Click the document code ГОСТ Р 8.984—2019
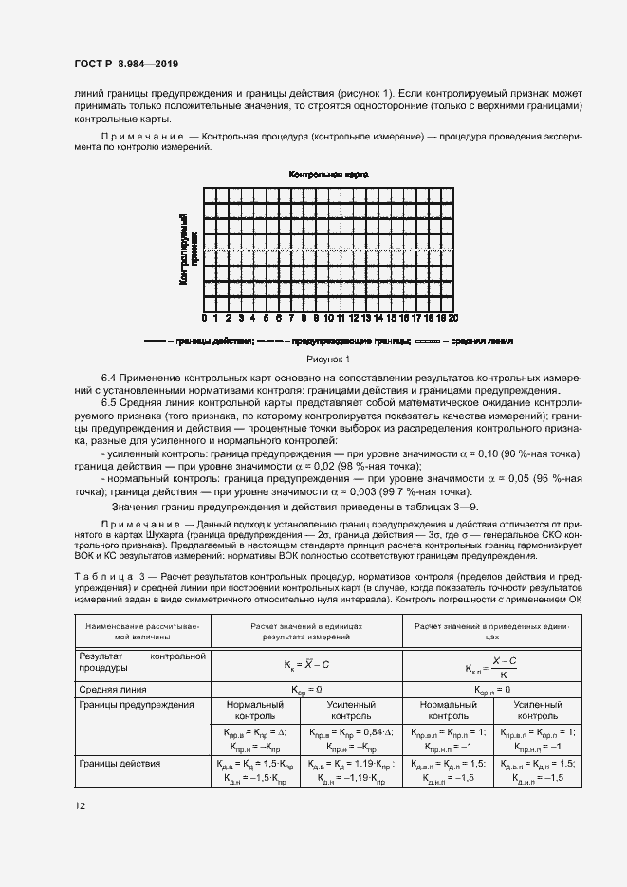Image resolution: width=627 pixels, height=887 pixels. point(125,65)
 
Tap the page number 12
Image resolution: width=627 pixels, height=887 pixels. point(80,806)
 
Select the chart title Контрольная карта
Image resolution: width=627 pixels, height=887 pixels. point(328,176)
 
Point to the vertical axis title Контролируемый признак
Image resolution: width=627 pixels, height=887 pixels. point(187,249)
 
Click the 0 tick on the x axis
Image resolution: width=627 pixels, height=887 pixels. point(204,318)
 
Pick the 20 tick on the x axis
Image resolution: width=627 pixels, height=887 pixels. point(453,318)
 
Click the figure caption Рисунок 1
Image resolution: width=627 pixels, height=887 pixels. point(328,359)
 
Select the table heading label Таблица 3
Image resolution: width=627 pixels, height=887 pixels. point(104,576)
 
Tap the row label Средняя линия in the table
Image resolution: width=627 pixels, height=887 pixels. point(118,689)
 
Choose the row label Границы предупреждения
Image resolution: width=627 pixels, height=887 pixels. point(137,705)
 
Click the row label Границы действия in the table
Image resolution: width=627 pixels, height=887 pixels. point(120,763)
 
